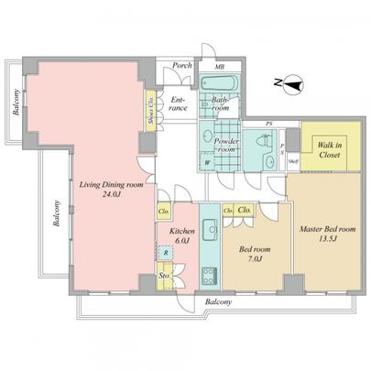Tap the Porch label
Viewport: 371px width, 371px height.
click(181, 65)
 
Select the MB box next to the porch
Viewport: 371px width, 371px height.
click(219, 66)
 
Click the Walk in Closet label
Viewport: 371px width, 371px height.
click(330, 151)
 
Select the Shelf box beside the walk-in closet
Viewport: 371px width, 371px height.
click(293, 161)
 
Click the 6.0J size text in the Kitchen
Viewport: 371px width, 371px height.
click(179, 239)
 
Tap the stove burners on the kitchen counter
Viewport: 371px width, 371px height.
click(207, 272)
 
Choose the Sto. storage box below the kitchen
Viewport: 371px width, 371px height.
click(164, 274)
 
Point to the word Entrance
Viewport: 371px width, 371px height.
click(179, 104)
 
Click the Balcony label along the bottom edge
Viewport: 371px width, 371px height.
click(217, 301)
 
